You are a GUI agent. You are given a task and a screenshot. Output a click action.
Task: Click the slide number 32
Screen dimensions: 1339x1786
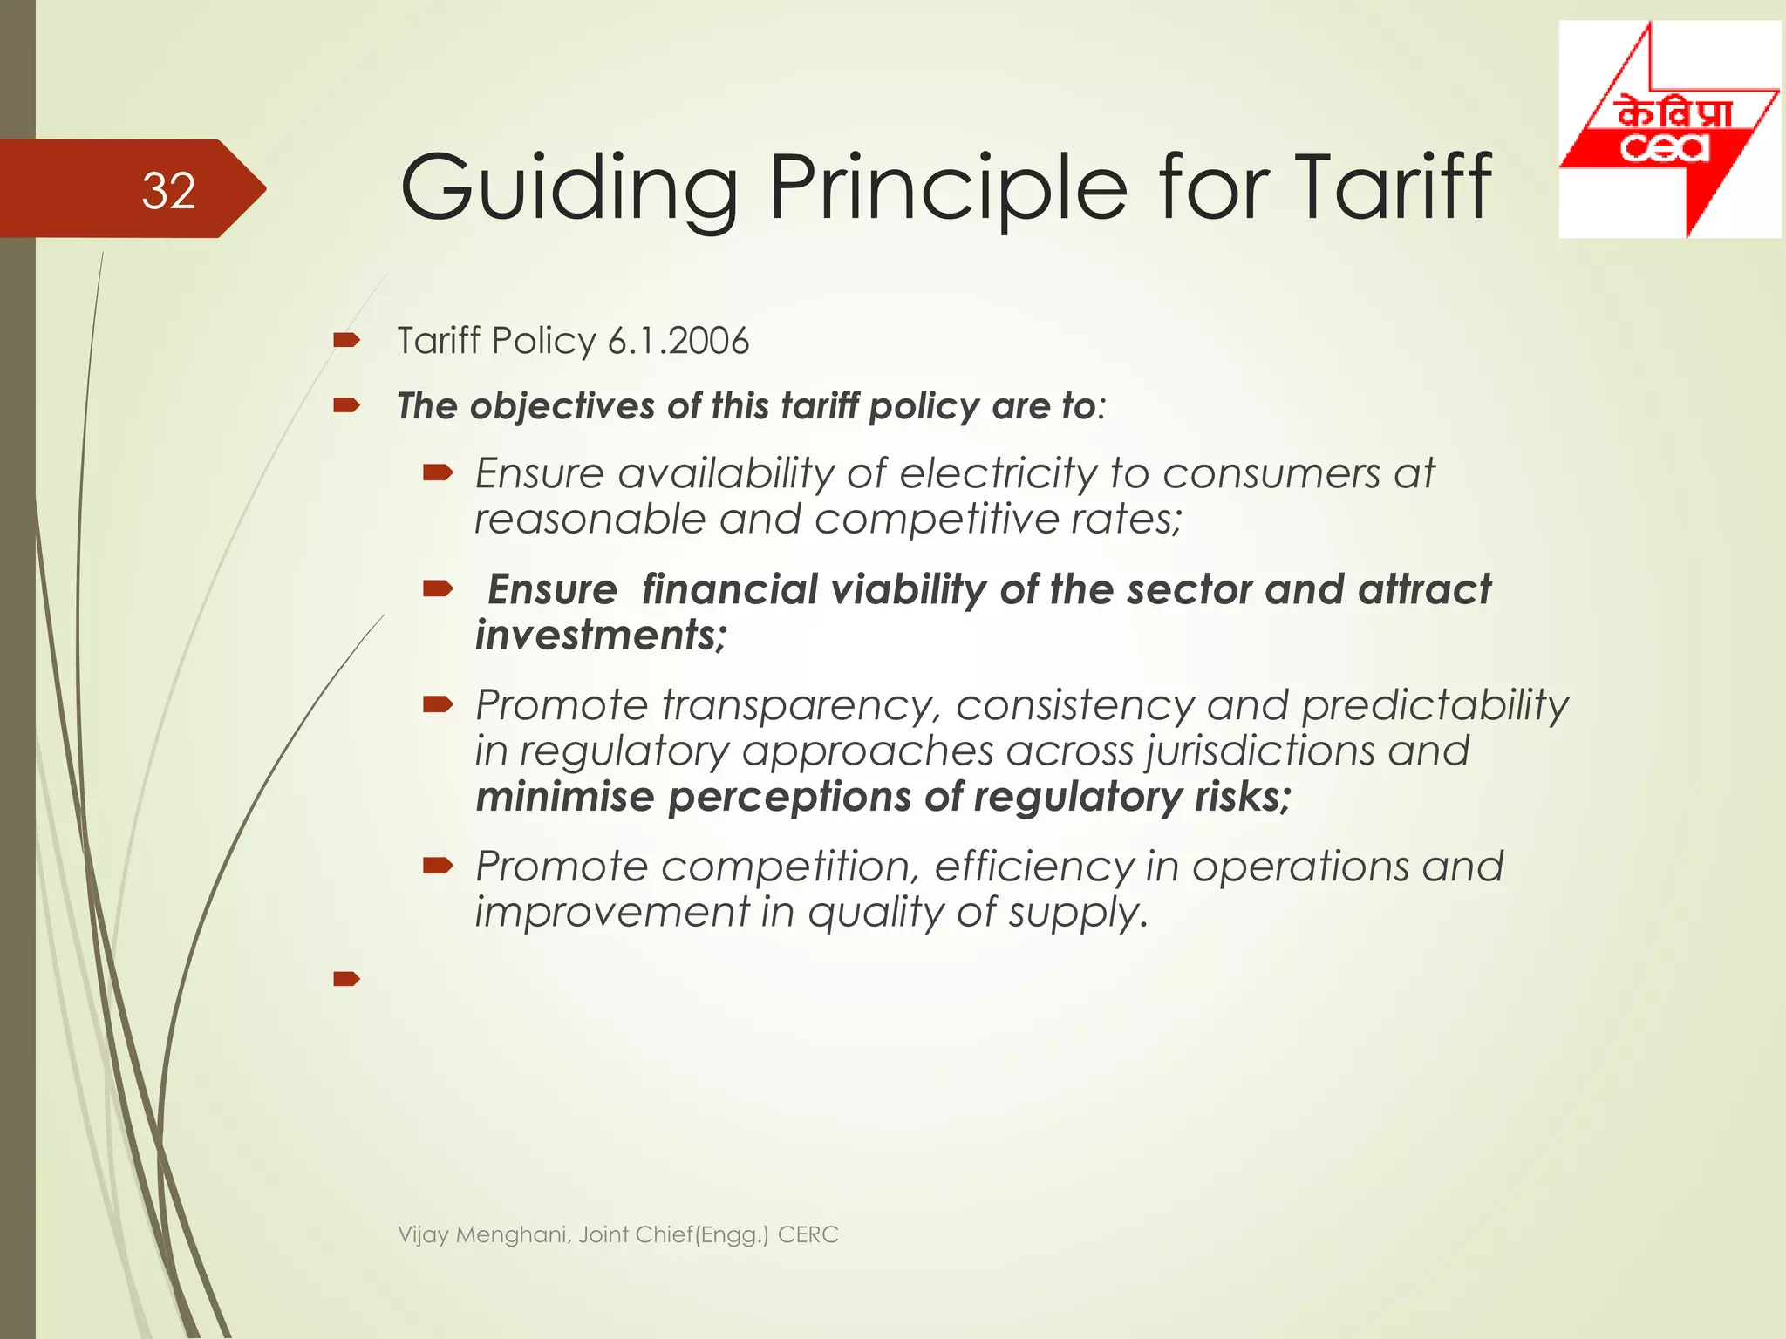click(x=168, y=190)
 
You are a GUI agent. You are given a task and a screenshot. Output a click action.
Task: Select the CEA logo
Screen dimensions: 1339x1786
click(x=1668, y=129)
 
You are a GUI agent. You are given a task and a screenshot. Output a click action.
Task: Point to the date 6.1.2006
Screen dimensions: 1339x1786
click(x=678, y=341)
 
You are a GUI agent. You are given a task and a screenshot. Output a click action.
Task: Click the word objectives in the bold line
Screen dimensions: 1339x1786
click(x=562, y=406)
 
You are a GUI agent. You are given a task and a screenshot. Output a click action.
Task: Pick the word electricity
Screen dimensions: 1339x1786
click(x=998, y=474)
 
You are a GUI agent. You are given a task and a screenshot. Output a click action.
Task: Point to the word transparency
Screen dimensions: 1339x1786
click(x=801, y=705)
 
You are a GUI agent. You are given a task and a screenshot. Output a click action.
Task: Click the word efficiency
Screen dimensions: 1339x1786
click(x=1033, y=867)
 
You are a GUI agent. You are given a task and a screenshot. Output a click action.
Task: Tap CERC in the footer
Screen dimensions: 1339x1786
click(x=808, y=1234)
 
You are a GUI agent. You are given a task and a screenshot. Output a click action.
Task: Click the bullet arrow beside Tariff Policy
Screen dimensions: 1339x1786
click(x=346, y=341)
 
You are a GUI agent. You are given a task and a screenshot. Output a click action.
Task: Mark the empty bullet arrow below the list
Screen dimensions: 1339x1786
click(x=346, y=979)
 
